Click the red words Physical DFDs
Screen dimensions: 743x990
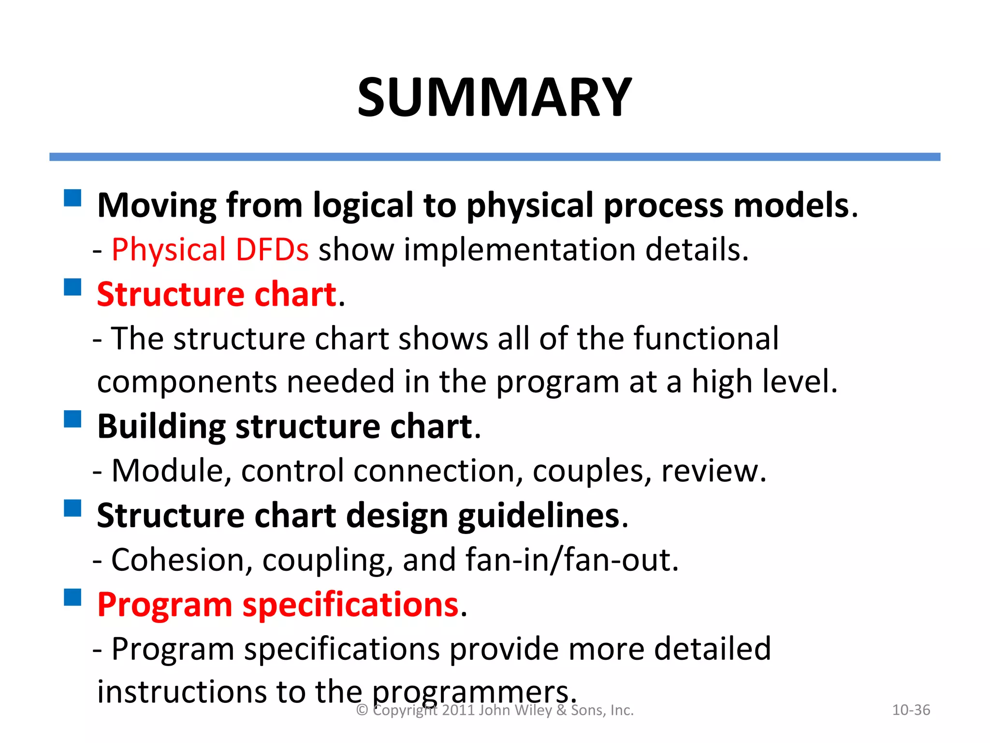tap(210, 250)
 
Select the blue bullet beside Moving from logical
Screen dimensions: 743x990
tap(73, 198)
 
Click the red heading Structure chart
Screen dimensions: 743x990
tap(217, 294)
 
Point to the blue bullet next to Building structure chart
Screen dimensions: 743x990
tap(73, 419)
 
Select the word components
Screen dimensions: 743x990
tap(187, 382)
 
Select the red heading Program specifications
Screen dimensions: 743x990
tap(277, 605)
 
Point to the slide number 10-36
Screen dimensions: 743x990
tap(911, 710)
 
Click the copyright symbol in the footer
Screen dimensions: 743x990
tap(362, 710)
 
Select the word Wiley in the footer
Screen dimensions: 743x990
tap(534, 710)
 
